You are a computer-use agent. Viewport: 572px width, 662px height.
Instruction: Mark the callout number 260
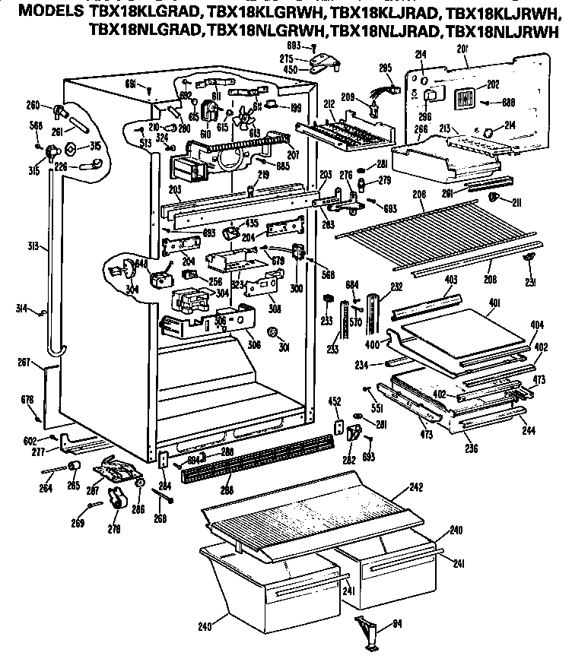click(x=33, y=106)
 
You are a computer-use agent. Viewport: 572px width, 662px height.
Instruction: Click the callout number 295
click(x=386, y=68)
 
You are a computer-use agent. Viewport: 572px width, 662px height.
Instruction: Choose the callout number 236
click(x=472, y=448)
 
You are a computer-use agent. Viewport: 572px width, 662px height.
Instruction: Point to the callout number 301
click(x=286, y=350)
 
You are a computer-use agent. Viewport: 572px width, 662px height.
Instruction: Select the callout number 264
click(x=46, y=488)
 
